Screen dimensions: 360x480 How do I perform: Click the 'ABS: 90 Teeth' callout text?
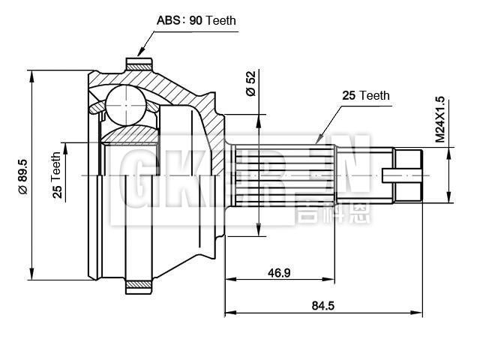[x=196, y=20]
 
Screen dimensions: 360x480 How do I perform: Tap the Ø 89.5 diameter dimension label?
[x=22, y=176]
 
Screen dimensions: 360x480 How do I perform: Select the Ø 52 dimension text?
[x=250, y=82]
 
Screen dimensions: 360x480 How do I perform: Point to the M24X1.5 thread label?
[x=440, y=119]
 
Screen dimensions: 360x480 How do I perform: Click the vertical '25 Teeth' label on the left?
[x=56, y=175]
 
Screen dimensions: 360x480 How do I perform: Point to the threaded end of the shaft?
[x=409, y=175]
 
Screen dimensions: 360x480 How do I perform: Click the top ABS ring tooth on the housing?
[x=139, y=62]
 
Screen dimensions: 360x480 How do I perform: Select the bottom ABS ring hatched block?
[x=139, y=286]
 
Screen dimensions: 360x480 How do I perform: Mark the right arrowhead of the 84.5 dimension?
[x=420, y=312]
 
